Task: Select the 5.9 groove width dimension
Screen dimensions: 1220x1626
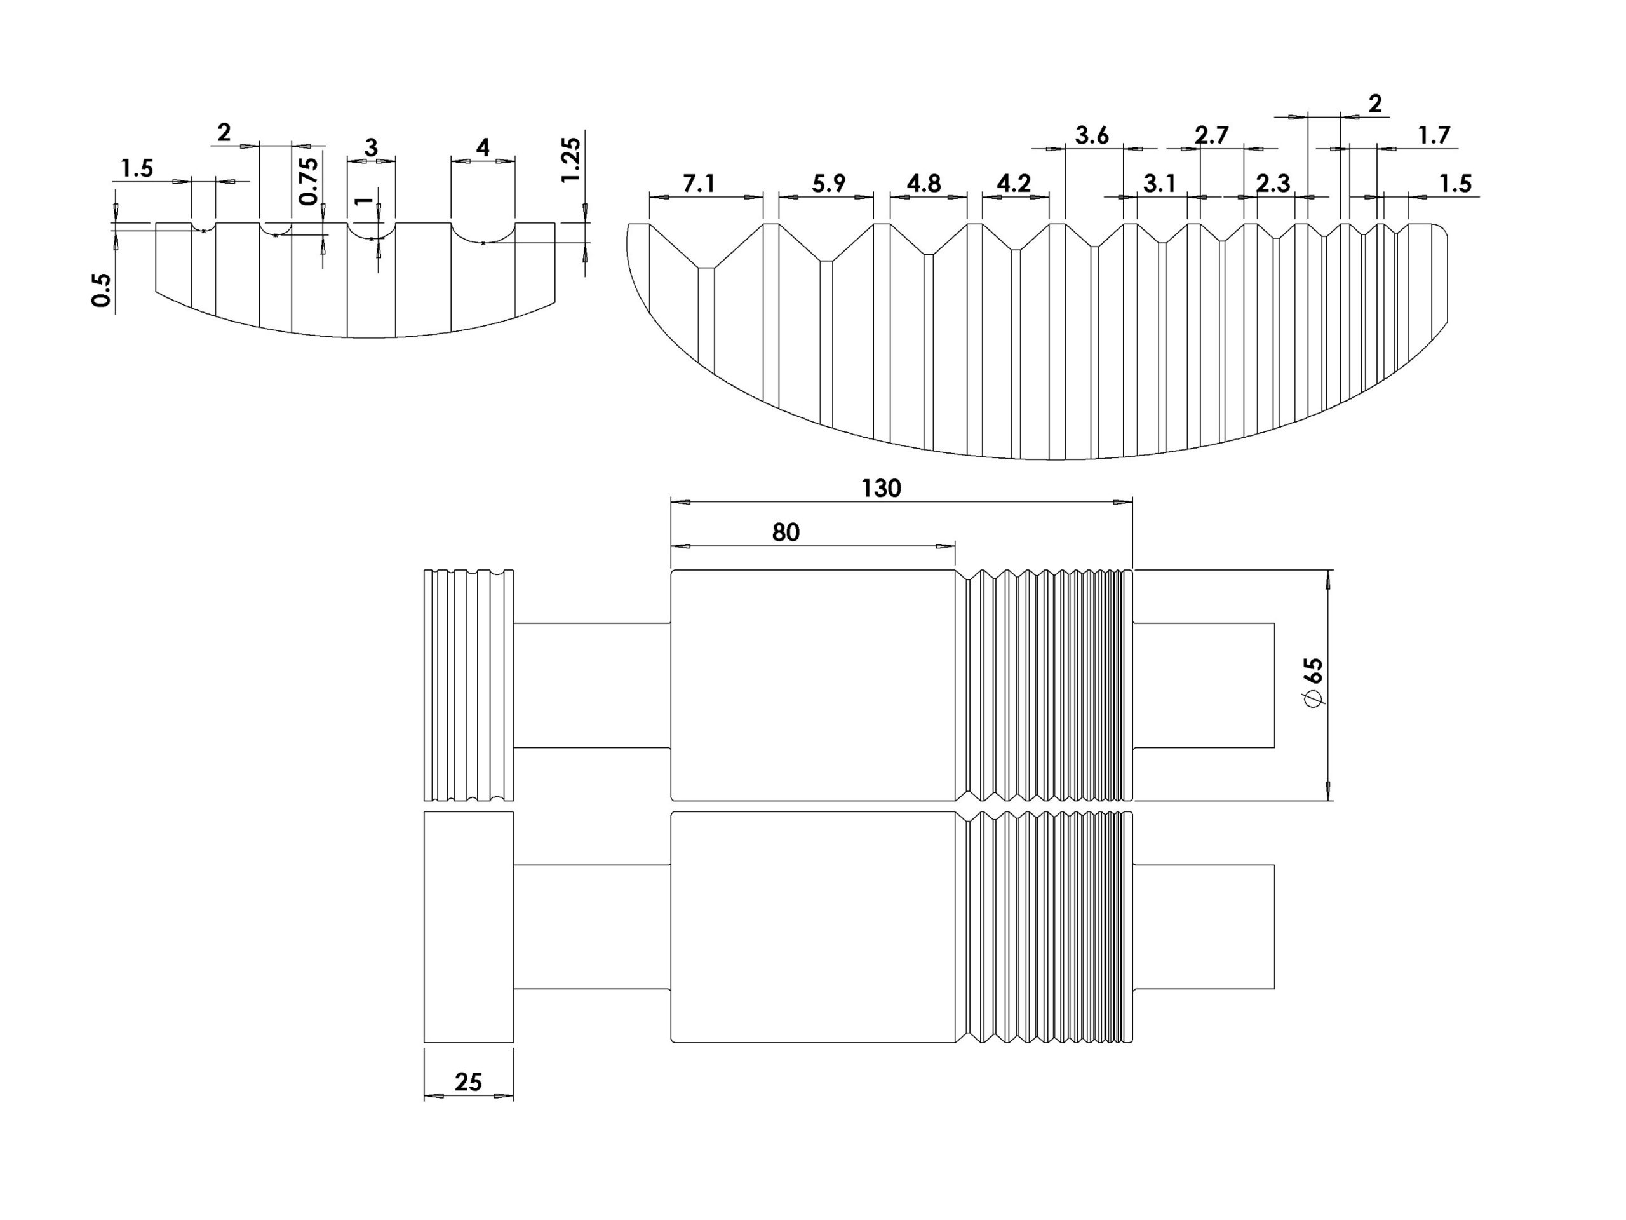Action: coord(828,183)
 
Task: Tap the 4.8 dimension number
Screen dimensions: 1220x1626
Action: coord(924,183)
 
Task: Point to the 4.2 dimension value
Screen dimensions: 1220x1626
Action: coord(1013,183)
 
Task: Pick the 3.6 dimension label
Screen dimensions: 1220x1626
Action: coord(1092,136)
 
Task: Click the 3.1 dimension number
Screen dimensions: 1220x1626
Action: coord(1159,183)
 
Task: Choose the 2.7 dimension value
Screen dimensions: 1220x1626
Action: coord(1211,136)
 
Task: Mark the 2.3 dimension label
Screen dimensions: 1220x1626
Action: coord(1272,183)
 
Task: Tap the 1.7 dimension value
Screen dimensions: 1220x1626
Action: coord(1434,136)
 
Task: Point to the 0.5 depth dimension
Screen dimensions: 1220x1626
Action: coord(102,290)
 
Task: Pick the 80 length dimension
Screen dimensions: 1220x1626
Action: coord(785,532)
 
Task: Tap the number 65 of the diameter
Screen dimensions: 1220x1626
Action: coord(1312,670)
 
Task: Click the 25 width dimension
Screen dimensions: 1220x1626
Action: coord(468,1081)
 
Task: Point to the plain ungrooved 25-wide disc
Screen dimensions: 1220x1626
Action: coord(468,926)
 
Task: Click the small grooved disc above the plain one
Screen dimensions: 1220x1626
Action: coord(468,684)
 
